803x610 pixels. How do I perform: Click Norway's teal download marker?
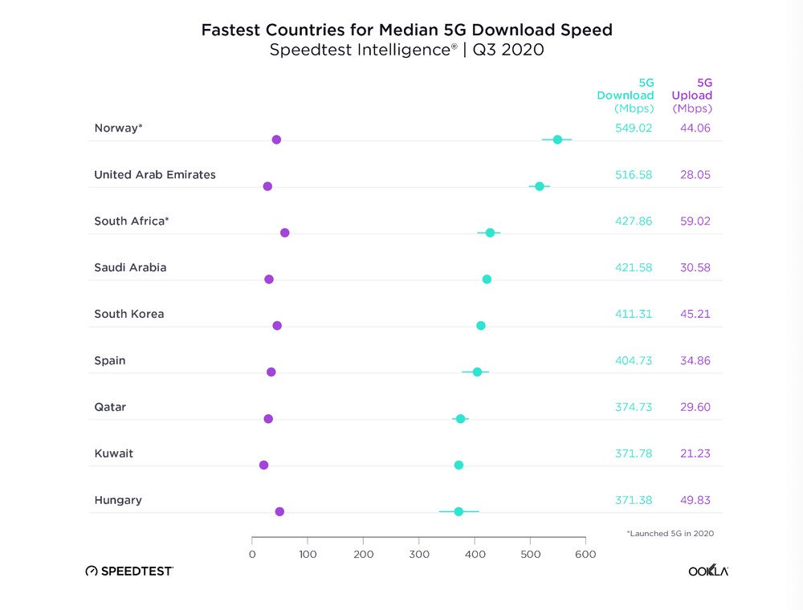(557, 140)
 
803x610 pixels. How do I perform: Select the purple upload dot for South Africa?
(284, 233)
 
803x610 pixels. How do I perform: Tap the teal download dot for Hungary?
(459, 511)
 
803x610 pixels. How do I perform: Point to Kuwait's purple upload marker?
(263, 465)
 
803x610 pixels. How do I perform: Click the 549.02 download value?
(634, 128)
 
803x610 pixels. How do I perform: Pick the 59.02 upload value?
(695, 221)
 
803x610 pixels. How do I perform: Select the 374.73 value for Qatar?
(634, 407)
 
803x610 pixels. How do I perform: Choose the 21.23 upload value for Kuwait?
(695, 453)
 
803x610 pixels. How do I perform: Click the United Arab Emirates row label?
(155, 174)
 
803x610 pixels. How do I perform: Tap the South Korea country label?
(128, 314)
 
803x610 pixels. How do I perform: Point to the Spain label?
(110, 360)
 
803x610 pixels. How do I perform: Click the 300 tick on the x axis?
(419, 554)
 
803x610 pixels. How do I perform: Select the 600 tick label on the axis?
(585, 554)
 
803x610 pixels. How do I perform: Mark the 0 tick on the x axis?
(252, 554)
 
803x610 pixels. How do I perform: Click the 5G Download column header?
(626, 95)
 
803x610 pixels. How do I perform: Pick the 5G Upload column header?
(692, 95)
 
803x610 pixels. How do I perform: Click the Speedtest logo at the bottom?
(129, 571)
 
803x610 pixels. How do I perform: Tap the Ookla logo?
(709, 571)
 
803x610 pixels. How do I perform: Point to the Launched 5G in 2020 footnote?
(670, 533)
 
